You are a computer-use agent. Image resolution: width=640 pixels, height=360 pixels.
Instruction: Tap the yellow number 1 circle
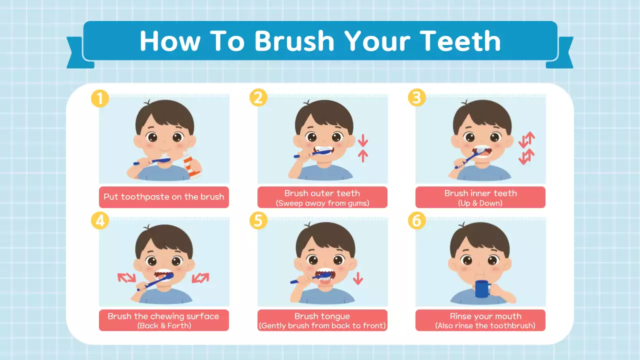(100, 98)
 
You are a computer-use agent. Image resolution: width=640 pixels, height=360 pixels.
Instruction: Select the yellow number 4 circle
(100, 220)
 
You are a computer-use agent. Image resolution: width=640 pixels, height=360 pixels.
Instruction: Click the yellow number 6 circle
(416, 220)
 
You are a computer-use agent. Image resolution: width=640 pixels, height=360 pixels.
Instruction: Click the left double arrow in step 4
(126, 277)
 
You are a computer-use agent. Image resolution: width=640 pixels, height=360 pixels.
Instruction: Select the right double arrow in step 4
(200, 277)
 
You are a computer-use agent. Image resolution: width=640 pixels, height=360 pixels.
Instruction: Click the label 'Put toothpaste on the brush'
(163, 197)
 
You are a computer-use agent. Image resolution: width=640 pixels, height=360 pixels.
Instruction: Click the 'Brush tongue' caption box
(322, 320)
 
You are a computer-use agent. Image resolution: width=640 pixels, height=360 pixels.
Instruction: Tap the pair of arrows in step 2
(363, 148)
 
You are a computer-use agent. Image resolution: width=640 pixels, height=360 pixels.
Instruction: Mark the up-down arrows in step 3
(526, 148)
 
